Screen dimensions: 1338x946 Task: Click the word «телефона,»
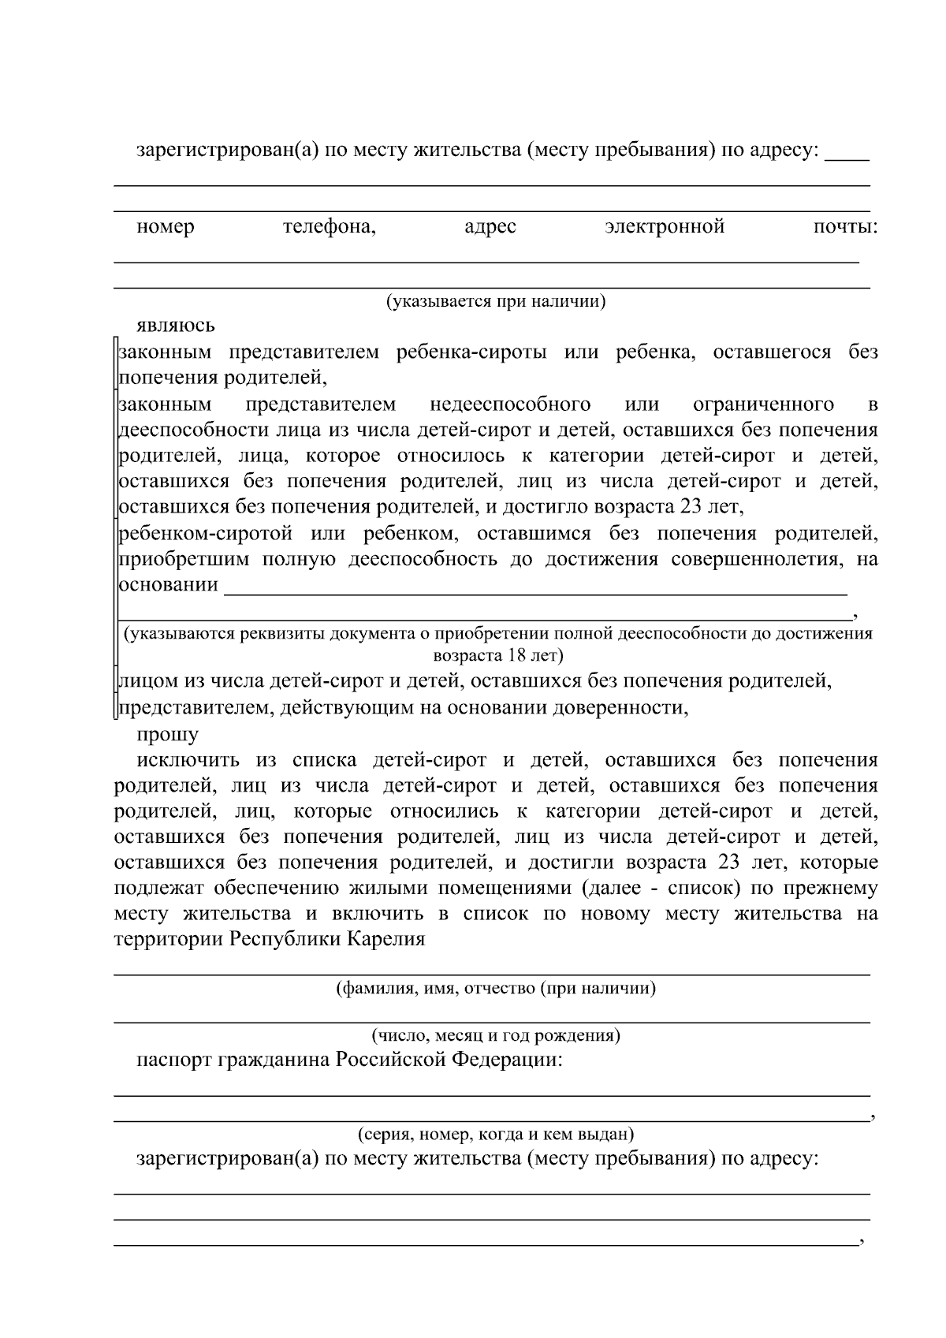[x=329, y=228]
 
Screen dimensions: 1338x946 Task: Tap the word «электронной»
[x=665, y=228]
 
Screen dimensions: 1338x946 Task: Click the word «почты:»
[x=845, y=228]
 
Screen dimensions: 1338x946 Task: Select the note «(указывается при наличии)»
[x=495, y=302]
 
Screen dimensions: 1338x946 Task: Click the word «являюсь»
[x=175, y=326]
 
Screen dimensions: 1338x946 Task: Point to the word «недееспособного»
[x=510, y=405]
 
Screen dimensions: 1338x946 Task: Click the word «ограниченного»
[x=763, y=405]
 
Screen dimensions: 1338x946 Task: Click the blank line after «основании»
[x=536, y=587]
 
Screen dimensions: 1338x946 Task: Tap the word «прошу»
[x=168, y=735]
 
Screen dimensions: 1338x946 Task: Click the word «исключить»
[x=188, y=761]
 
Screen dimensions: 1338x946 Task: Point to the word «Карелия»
[x=388, y=940]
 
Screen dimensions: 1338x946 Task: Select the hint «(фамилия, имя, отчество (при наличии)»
[x=495, y=989]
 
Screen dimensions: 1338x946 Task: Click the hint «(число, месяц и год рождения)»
[x=495, y=1036]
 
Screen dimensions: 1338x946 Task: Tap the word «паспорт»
[x=175, y=1060]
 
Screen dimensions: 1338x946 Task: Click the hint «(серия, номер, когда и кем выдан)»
[x=495, y=1135]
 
